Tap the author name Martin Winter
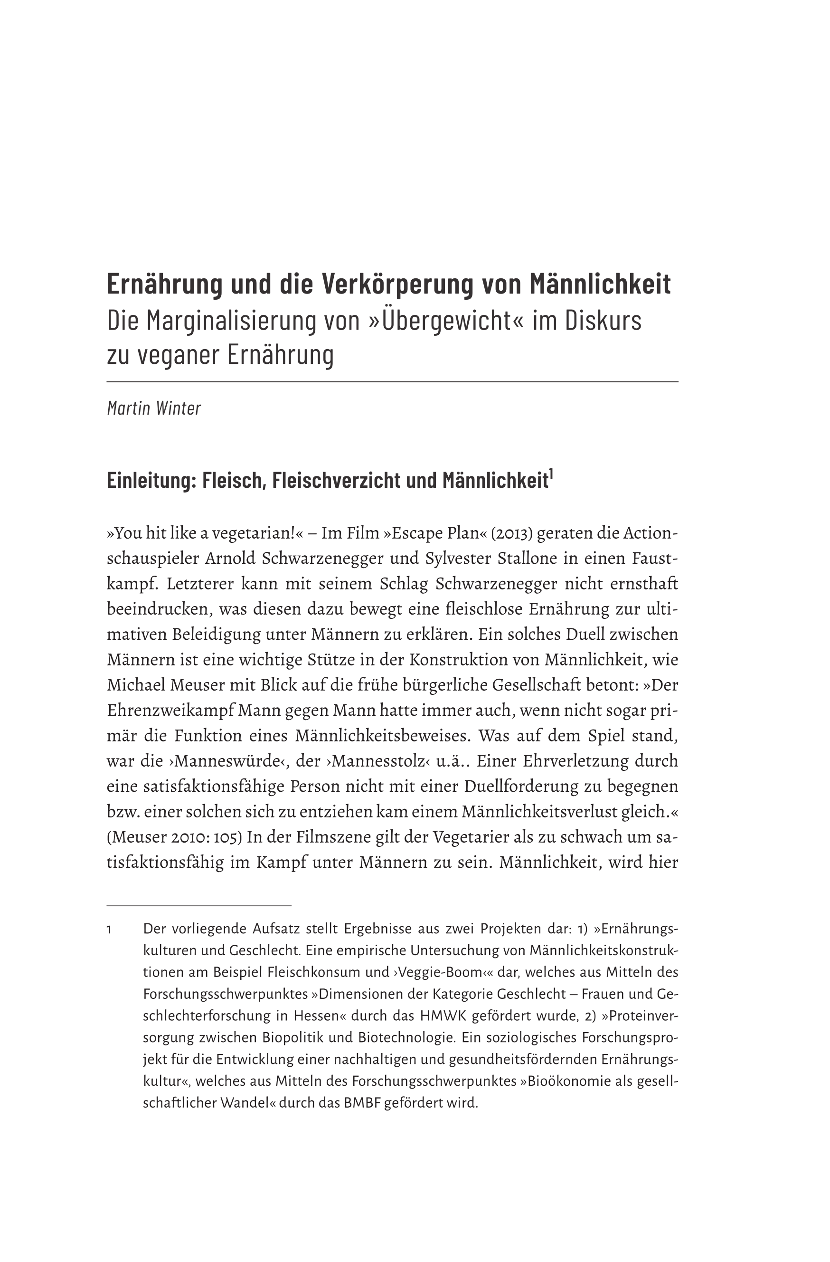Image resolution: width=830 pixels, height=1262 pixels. click(154, 408)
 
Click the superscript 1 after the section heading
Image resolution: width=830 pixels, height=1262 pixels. click(551, 474)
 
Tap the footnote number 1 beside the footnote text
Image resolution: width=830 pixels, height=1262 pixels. click(109, 930)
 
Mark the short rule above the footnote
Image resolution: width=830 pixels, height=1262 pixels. click(199, 906)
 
